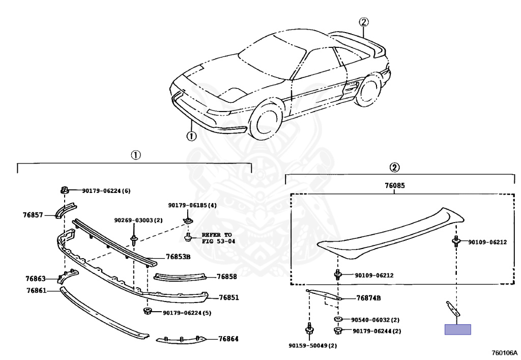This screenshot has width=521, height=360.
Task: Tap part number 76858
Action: point(226,276)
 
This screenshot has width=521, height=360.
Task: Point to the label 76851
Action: point(229,297)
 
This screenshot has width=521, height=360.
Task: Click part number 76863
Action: point(36,279)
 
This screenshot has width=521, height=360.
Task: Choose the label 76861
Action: point(36,291)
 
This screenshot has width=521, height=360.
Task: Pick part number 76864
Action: point(228,338)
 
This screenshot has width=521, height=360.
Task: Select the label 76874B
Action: point(369,298)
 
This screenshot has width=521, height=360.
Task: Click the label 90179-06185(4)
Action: point(192,205)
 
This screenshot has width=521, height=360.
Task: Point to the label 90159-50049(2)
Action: point(312,346)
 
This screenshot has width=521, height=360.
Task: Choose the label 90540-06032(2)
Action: point(375,320)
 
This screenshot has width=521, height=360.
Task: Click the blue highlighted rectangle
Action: point(458,329)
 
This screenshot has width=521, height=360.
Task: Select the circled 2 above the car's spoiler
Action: point(363,21)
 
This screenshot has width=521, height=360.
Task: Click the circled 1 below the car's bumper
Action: point(191,136)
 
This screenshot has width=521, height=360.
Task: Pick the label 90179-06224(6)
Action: point(106,191)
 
